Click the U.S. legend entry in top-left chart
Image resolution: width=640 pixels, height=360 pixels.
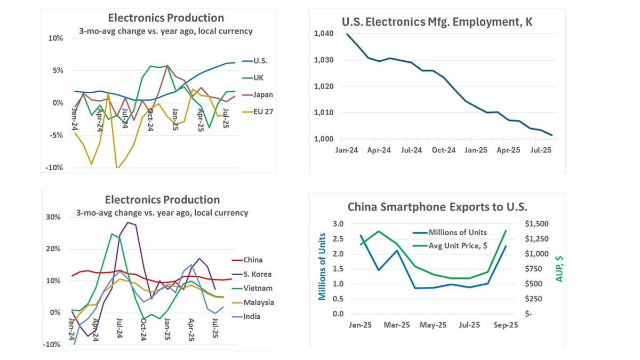(261, 61)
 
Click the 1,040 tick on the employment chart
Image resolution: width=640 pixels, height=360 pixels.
(324, 34)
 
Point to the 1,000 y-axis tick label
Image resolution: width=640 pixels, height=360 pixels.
(324, 139)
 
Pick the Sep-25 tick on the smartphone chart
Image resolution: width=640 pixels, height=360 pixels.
(505, 324)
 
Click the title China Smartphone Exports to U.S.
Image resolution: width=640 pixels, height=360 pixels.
(437, 207)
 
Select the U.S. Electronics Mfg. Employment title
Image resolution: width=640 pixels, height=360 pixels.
(437, 22)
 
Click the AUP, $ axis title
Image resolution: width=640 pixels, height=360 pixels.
(560, 268)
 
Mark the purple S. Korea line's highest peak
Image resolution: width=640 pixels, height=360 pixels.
(127, 222)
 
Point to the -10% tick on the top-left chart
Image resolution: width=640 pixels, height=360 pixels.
(54, 167)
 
